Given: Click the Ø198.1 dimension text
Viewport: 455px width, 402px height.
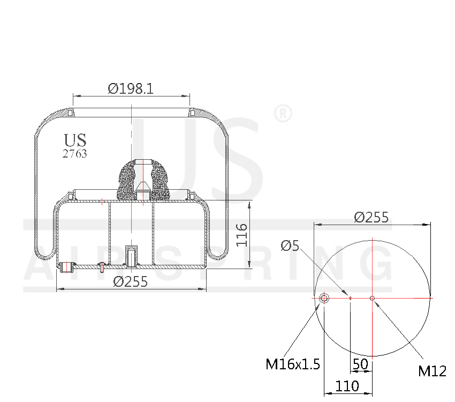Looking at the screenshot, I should tap(131, 88).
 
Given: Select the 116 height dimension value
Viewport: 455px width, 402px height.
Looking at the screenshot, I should tap(242, 234).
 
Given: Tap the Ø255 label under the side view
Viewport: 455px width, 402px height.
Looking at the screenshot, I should tap(131, 281).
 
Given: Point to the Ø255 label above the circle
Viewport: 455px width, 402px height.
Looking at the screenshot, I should tap(371, 217).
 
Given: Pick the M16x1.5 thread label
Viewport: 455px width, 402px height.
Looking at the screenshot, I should tap(293, 364).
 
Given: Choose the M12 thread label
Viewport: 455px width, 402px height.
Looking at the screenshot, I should tap(432, 371).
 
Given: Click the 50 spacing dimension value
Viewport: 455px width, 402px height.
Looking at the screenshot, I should tap(361, 364).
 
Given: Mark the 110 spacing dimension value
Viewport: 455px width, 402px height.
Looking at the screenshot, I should tap(348, 386).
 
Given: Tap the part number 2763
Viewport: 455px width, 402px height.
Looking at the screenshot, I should tap(75, 154).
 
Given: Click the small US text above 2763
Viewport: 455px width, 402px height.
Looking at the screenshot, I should tap(75, 140).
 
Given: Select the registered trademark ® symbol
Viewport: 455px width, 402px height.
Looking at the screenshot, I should tap(282, 114).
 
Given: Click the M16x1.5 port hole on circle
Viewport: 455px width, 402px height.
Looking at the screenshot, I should tap(324, 298).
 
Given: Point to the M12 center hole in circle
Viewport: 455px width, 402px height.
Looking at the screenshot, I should tap(373, 298).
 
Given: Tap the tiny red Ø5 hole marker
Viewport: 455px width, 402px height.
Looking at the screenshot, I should tap(350, 298).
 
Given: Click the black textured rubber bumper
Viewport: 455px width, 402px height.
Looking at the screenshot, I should tap(142, 177).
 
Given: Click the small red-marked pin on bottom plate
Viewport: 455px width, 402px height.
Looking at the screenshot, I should tap(101, 267).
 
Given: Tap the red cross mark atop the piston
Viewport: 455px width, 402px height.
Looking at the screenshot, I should tap(102, 202).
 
